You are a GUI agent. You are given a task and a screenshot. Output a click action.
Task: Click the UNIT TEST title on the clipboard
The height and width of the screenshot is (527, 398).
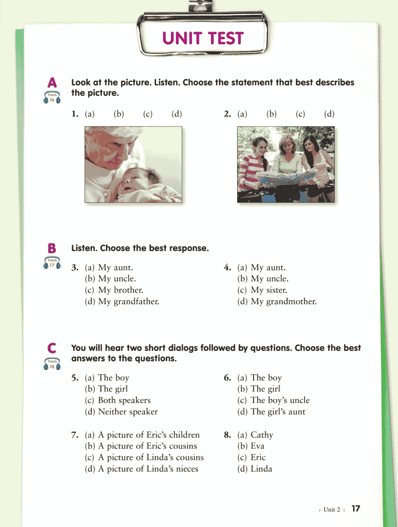pos(203,38)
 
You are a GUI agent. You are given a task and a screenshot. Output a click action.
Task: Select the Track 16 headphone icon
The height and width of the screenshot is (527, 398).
pos(52,97)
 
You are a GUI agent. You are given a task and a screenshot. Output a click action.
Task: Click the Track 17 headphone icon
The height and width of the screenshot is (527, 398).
pos(52,263)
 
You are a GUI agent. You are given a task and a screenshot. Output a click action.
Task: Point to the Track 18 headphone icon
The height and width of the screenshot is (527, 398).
pos(52,364)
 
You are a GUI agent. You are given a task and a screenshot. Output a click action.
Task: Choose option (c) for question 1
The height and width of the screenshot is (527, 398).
pos(148,114)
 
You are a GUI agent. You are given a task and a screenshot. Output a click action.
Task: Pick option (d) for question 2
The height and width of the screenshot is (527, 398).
pos(329,114)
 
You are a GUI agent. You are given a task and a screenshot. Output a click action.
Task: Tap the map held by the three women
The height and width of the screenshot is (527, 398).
pos(287,178)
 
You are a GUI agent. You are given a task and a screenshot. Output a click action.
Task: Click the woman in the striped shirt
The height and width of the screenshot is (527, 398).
pos(251,166)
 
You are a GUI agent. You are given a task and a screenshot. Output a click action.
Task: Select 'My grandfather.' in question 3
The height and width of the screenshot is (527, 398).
pos(128,301)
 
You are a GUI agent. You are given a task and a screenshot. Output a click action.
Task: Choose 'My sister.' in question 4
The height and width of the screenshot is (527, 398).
pos(269,290)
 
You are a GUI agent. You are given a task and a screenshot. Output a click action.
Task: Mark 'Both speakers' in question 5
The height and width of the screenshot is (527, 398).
pos(124,400)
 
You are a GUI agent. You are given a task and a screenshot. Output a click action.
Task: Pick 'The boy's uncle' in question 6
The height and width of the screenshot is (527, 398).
pos(280,400)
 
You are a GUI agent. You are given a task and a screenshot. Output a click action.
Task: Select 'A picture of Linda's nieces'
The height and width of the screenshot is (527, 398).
pos(148,469)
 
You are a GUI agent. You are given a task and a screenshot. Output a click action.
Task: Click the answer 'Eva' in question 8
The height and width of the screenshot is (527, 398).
pos(257,446)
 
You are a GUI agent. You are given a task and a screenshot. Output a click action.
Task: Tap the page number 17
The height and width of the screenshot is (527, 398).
pos(356,508)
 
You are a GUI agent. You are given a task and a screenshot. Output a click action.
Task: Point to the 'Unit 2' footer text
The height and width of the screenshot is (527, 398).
pos(332,509)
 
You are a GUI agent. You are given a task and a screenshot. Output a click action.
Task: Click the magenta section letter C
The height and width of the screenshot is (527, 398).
pos(52,348)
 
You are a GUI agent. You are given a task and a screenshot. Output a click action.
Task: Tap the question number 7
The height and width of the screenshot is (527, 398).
pos(74,435)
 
